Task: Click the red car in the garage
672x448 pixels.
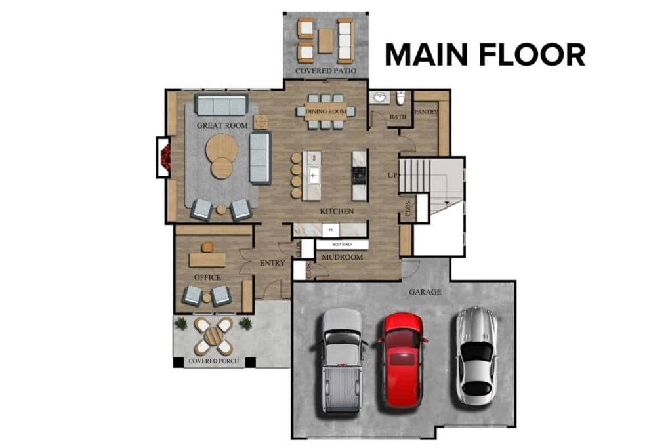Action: [x=401, y=359]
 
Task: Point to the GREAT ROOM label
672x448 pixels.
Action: [x=222, y=125]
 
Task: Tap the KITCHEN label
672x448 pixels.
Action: [x=337, y=211]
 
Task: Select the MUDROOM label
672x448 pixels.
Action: [x=342, y=257]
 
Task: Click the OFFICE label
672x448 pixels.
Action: [x=207, y=277]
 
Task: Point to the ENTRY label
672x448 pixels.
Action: [x=272, y=263]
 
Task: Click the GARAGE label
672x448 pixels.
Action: [x=425, y=292]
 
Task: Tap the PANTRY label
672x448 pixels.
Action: [x=426, y=112]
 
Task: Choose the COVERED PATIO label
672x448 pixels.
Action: [x=325, y=70]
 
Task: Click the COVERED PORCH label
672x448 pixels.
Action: [x=213, y=361]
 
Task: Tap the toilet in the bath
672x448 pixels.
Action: [x=400, y=98]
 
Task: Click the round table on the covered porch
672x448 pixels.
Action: [x=213, y=336]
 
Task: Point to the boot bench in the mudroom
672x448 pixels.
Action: [x=342, y=244]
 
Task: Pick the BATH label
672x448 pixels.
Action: [x=398, y=117]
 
